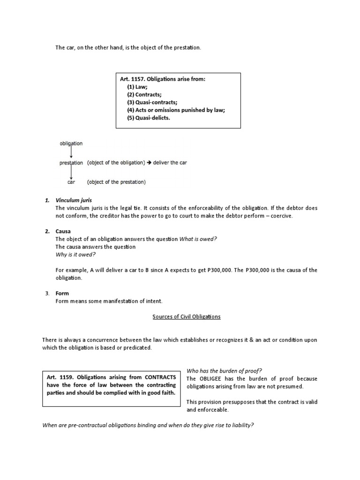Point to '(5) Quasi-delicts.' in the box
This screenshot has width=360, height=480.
click(x=150, y=118)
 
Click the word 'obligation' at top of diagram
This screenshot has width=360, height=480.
click(x=71, y=143)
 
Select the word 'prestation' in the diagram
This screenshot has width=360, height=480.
click(x=71, y=163)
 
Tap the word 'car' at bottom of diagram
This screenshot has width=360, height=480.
click(x=71, y=182)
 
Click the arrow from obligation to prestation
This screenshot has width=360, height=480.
click(x=71, y=153)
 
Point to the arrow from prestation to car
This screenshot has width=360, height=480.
click(x=71, y=172)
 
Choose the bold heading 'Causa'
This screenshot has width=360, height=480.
click(x=63, y=231)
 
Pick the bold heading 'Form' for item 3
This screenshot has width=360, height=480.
click(x=62, y=293)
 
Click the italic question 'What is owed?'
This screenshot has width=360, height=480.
click(x=198, y=239)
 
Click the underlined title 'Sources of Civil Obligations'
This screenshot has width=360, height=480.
click(x=187, y=316)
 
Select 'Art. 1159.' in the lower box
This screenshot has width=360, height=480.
click(x=60, y=377)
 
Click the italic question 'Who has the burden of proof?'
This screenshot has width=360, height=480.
click(x=224, y=370)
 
